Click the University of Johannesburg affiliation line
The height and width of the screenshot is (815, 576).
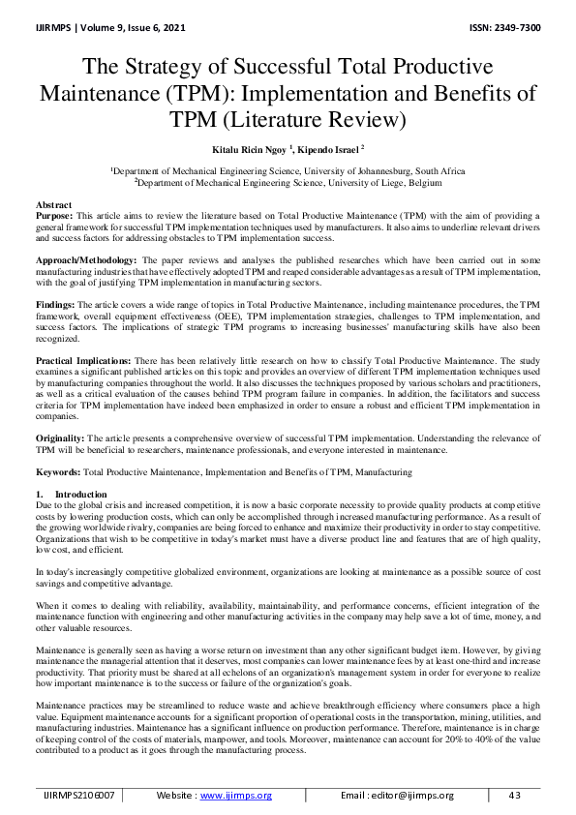tap(288, 170)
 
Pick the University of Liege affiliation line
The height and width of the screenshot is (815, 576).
tap(288, 181)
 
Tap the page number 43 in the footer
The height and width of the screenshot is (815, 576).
tap(514, 795)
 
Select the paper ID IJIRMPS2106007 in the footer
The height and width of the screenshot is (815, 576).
tap(78, 795)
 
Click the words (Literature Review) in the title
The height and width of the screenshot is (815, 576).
tap(322, 121)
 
